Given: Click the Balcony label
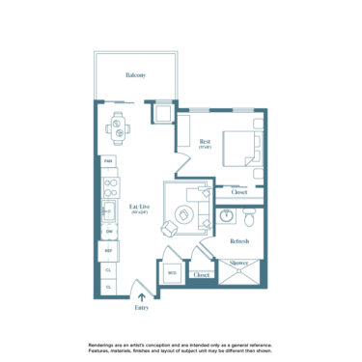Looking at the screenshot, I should [x=134, y=74].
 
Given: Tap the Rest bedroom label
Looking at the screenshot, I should [x=205, y=144].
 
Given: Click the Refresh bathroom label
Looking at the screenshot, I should [x=239, y=240].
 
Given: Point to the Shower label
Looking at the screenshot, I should [x=237, y=262].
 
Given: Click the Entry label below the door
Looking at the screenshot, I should [x=143, y=308].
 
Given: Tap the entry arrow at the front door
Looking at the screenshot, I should [x=143, y=297].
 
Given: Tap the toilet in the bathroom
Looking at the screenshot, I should [x=247, y=213].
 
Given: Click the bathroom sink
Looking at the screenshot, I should [x=226, y=215].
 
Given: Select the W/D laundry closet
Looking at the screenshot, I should [x=172, y=274].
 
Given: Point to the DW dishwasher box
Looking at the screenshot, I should [x=108, y=232].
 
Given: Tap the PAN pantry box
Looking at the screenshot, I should [x=108, y=160].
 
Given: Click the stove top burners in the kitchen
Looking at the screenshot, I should [x=109, y=182].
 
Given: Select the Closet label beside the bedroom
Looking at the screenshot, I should [x=239, y=192].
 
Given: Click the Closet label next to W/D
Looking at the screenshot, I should [x=201, y=275].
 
